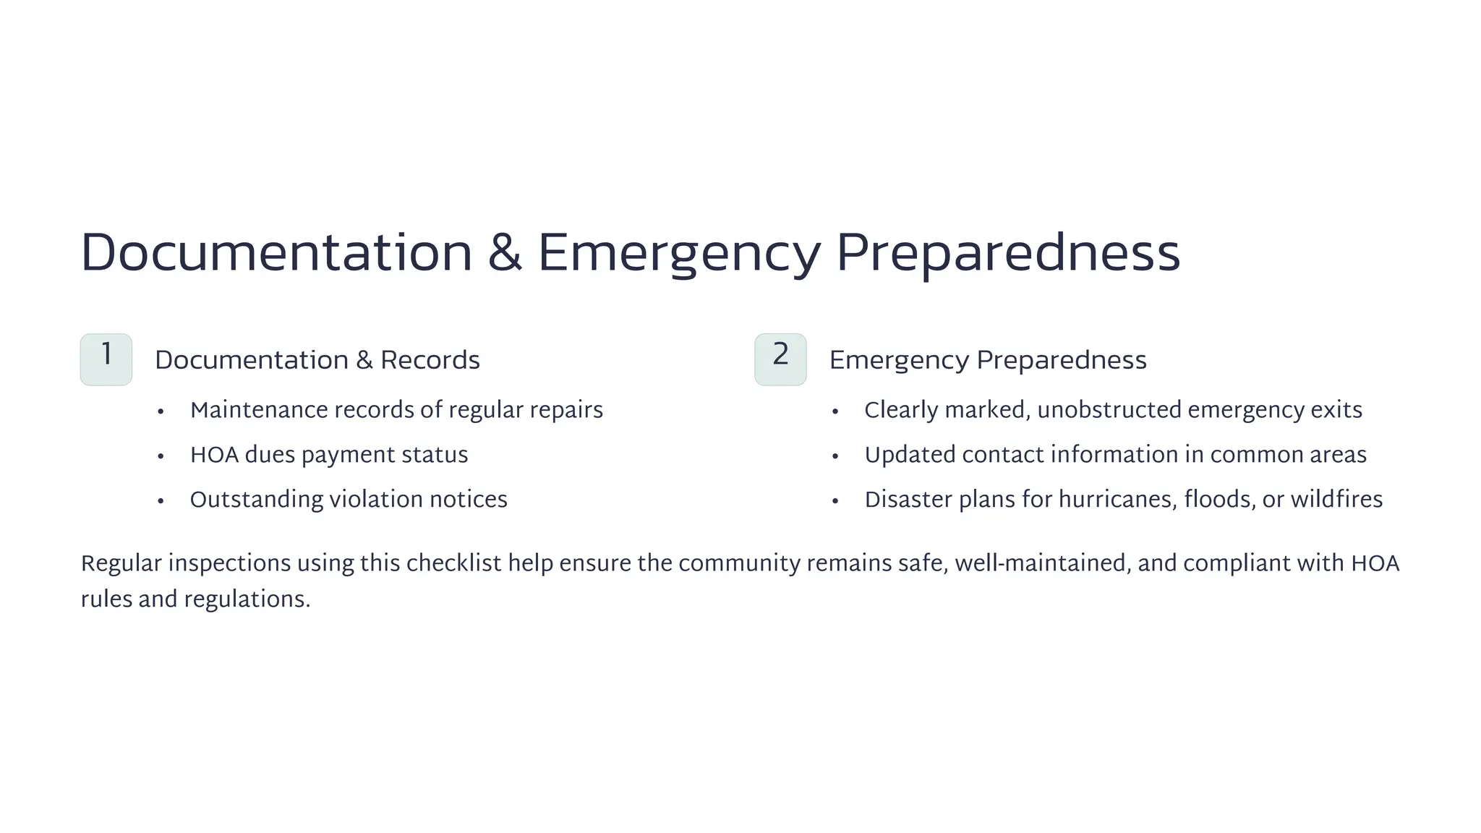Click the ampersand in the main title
click(505, 253)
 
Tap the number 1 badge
click(106, 359)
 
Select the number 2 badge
click(780, 359)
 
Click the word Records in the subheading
click(430, 360)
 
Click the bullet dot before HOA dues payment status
click(161, 456)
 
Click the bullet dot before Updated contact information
click(835, 456)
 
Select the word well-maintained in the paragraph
click(1042, 563)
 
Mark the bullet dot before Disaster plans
click(835, 501)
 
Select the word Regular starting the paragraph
click(121, 564)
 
